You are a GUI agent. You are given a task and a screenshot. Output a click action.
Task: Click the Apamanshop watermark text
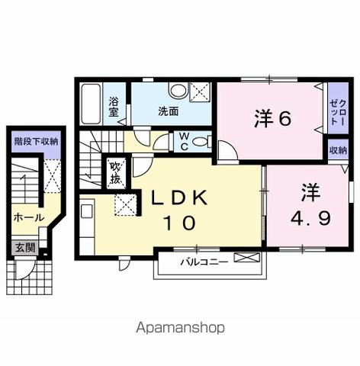click(180, 328)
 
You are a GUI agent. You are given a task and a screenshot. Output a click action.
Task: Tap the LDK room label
click(179, 198)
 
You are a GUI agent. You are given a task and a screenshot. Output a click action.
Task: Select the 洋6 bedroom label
click(272, 119)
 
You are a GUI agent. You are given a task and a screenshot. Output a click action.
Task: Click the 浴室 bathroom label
click(114, 107)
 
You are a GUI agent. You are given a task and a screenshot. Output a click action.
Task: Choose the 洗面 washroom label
click(169, 111)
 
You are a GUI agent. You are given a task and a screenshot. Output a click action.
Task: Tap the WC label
click(185, 142)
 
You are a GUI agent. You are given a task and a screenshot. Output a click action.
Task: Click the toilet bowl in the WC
click(201, 142)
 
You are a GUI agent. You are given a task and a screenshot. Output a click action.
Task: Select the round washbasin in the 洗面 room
click(178, 90)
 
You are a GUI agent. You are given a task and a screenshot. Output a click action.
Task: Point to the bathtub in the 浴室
click(91, 104)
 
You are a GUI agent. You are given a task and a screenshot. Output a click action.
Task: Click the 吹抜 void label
click(115, 173)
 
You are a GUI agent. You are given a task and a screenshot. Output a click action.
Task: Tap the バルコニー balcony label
click(204, 262)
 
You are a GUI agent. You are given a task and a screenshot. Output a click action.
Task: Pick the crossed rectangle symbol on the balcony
click(247, 258)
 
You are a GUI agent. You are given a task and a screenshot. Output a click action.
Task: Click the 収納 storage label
click(339, 150)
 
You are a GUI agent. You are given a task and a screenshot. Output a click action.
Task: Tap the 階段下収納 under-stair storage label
click(36, 142)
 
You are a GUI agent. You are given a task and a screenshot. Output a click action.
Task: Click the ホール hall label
click(29, 217)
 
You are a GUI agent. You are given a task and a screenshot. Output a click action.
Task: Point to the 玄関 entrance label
click(25, 248)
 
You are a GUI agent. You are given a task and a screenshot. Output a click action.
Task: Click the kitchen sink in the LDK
click(87, 210)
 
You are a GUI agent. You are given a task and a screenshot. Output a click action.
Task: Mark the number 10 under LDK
click(180, 223)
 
